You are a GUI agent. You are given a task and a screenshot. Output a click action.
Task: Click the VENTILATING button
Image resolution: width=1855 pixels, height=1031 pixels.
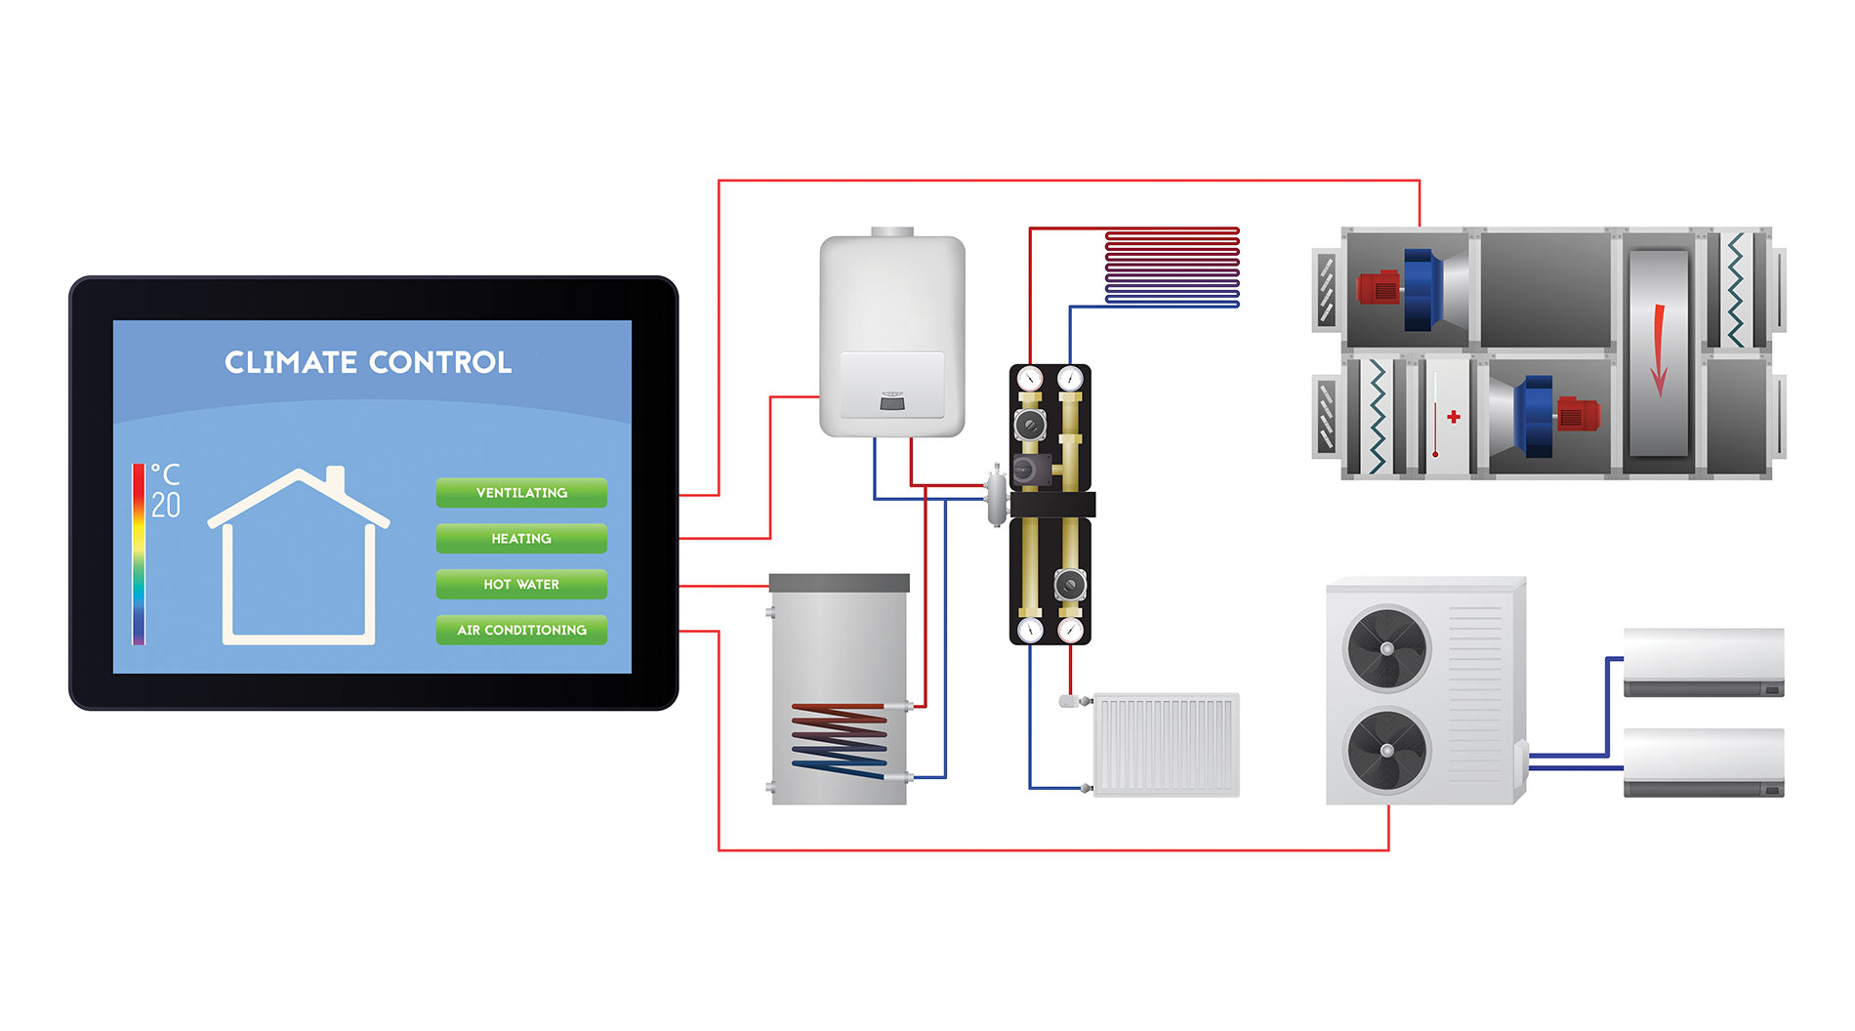521,493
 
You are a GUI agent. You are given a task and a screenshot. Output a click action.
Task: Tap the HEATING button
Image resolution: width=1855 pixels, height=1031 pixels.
521,539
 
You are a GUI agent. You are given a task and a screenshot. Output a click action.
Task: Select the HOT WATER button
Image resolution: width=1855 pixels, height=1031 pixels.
521,585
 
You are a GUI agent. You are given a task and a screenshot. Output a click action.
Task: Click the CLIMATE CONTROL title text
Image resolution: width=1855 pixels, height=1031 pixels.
368,362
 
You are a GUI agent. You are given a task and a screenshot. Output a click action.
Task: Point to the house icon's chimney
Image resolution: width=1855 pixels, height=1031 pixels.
335,478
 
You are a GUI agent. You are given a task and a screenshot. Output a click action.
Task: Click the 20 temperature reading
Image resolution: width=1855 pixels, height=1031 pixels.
166,505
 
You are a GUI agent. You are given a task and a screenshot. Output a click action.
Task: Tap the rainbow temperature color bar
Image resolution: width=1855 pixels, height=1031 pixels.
139,554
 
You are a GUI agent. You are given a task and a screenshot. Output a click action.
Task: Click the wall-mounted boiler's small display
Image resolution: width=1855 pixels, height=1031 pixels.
891,400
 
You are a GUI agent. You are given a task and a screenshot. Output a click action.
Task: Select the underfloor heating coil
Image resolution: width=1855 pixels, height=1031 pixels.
1172,268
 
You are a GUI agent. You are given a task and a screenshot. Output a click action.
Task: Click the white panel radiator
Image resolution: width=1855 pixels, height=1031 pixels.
1167,745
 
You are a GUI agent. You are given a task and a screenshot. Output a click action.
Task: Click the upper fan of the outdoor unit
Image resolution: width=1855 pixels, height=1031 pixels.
1387,649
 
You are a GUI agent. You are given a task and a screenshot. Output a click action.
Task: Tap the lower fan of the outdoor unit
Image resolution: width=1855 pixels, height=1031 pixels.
1387,750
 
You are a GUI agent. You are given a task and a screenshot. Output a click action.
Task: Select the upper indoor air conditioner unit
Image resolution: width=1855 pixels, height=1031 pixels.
1704,661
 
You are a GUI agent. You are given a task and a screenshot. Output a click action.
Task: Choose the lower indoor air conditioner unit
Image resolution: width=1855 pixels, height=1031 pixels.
1704,762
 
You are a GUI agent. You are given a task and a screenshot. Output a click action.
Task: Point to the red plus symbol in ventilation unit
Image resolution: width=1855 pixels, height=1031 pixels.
1454,417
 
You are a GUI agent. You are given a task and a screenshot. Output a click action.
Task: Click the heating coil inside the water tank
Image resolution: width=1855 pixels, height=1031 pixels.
840,740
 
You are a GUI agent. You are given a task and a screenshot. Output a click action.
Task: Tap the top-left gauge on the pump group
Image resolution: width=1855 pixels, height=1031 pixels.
1030,379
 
